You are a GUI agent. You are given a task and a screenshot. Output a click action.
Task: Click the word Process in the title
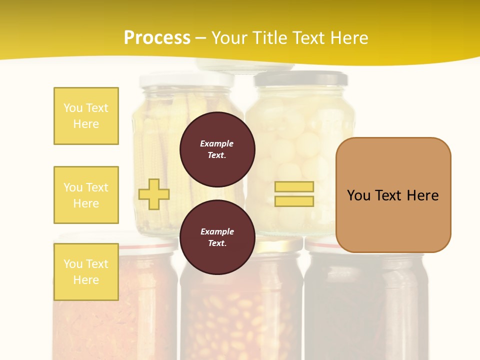[x=157, y=38]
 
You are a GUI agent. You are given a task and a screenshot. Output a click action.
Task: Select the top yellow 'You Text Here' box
[x=86, y=116]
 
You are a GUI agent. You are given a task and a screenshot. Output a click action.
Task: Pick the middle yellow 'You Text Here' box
[x=86, y=195]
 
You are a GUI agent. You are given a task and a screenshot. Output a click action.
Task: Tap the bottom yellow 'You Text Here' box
[x=86, y=272]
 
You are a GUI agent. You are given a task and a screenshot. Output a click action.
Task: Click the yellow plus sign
[x=154, y=194]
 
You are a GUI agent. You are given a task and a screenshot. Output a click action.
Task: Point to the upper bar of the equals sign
[x=294, y=186]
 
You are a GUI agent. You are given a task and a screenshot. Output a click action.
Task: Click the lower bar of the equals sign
[x=294, y=201]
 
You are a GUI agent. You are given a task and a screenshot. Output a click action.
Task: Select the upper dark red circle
[x=217, y=149]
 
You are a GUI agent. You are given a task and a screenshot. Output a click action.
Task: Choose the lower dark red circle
[x=217, y=237]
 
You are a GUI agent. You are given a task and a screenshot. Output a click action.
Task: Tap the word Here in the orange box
[x=422, y=195]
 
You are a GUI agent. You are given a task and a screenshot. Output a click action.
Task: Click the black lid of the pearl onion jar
[x=300, y=78]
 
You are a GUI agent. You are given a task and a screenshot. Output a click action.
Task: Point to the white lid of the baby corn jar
[x=186, y=78]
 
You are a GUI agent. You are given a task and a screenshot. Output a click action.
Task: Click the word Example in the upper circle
[x=217, y=143]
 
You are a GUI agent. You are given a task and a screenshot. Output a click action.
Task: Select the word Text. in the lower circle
[x=217, y=243]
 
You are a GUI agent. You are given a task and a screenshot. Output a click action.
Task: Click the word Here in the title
[x=348, y=38]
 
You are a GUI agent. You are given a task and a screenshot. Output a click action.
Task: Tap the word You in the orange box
[x=358, y=195]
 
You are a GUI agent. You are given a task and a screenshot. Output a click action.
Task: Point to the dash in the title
[x=200, y=38]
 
